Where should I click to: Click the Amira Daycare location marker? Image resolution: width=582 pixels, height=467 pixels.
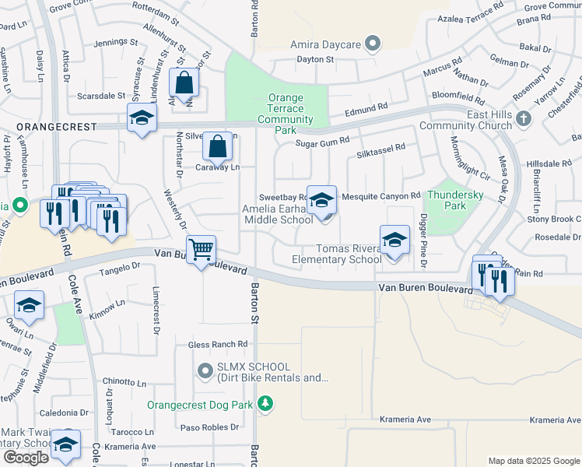[x=373, y=44]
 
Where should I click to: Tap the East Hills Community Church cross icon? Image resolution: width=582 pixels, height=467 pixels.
[x=523, y=118]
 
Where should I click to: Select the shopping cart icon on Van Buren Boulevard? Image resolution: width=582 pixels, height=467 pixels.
[x=202, y=250]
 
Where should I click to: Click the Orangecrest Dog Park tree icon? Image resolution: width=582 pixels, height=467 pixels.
[x=266, y=403]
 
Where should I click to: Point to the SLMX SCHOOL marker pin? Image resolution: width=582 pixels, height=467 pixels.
[x=205, y=372]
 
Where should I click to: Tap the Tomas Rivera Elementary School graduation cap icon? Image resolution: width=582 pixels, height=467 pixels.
[x=394, y=240]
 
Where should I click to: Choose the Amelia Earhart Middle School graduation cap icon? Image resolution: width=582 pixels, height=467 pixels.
[x=321, y=200]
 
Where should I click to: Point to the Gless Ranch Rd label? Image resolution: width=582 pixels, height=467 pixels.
[x=218, y=344]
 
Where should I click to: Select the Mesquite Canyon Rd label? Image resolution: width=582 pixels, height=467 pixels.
[x=381, y=195]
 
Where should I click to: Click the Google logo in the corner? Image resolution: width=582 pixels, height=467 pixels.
[x=26, y=457]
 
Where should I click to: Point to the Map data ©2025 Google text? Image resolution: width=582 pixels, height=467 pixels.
[x=533, y=461]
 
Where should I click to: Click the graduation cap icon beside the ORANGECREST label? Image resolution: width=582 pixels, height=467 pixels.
[x=142, y=118]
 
